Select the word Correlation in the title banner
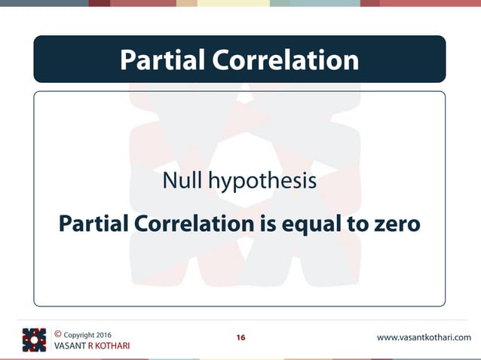pyautogui.click(x=284, y=59)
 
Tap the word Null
pyautogui.click(x=183, y=182)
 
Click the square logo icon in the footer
pyautogui.click(x=34, y=340)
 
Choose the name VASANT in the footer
pyautogui.click(x=70, y=346)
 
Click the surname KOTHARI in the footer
pyautogui.click(x=113, y=346)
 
